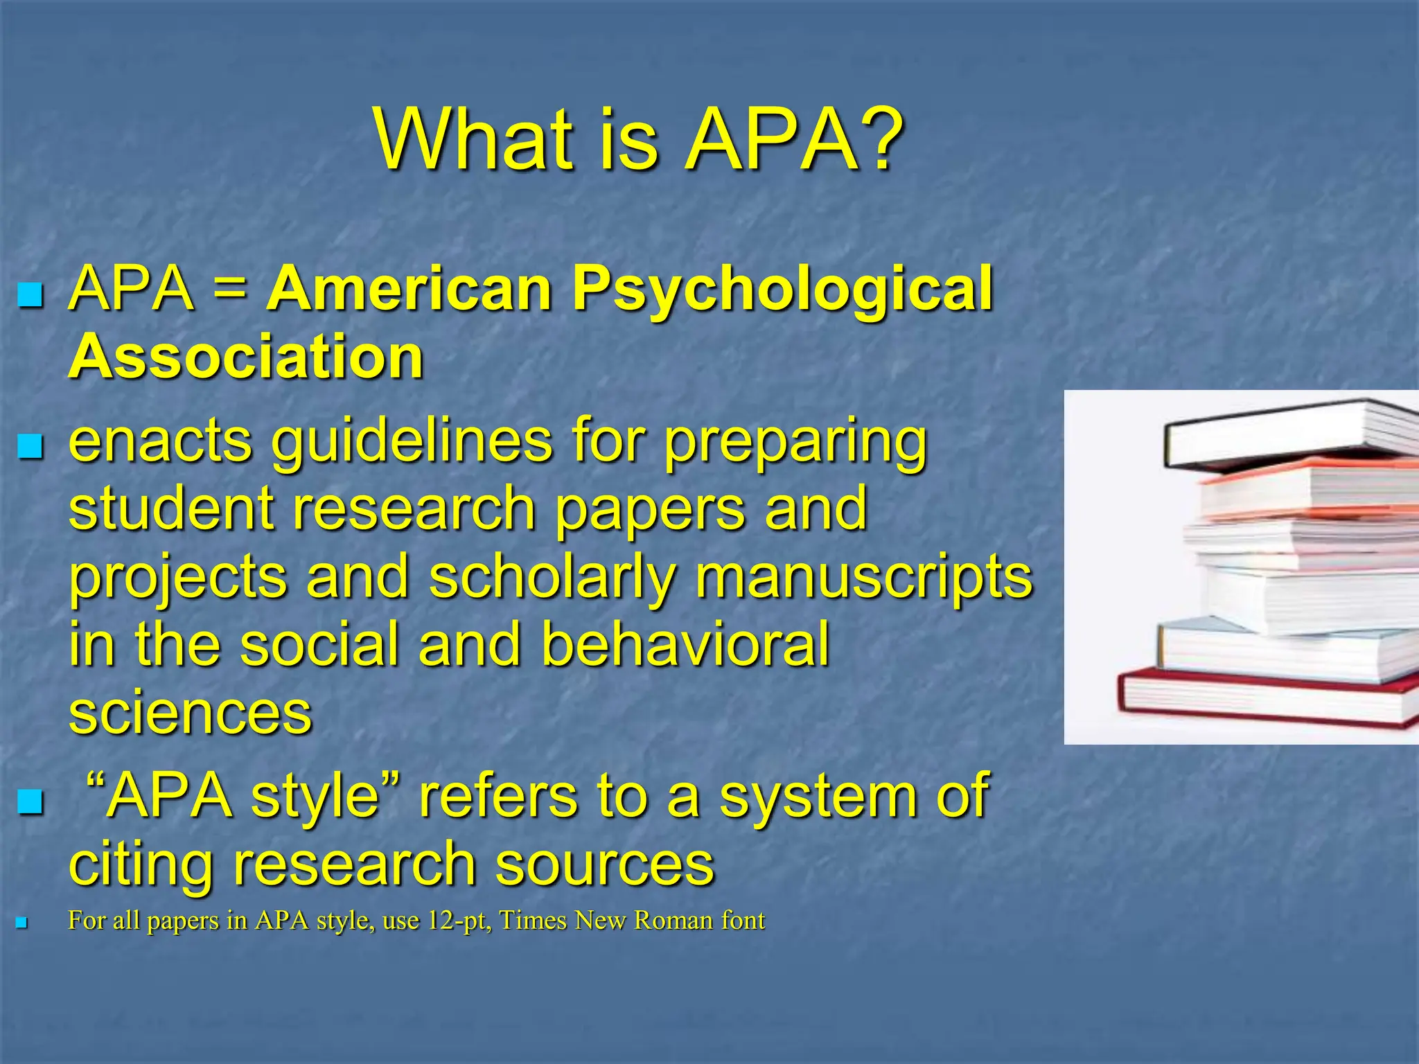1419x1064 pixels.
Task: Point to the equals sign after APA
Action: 230,289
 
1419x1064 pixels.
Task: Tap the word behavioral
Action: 685,644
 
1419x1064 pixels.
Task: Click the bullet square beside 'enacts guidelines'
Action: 30,447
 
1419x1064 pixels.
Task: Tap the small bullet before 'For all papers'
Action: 21,923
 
